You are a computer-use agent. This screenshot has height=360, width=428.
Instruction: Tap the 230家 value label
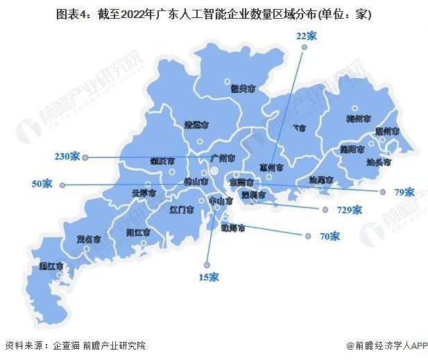67,157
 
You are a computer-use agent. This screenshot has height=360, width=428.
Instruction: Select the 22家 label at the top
306,36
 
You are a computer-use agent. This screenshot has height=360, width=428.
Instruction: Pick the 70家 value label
329,237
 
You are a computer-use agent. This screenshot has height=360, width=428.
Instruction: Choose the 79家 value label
404,192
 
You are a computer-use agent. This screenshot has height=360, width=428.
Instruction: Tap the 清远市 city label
196,126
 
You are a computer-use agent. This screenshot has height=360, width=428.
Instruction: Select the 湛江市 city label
52,266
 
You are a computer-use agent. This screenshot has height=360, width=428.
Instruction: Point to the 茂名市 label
89,239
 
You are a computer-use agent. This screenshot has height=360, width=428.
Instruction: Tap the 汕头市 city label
378,162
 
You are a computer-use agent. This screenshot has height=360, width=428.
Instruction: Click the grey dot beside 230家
85,157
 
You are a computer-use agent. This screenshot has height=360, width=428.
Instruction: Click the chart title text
214,15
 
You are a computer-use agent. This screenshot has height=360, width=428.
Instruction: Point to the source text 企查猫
67,345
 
